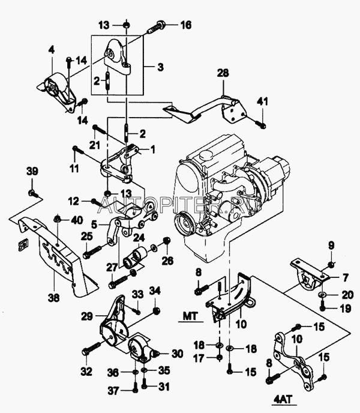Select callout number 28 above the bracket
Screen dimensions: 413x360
223,73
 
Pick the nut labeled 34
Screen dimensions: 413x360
157,310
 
